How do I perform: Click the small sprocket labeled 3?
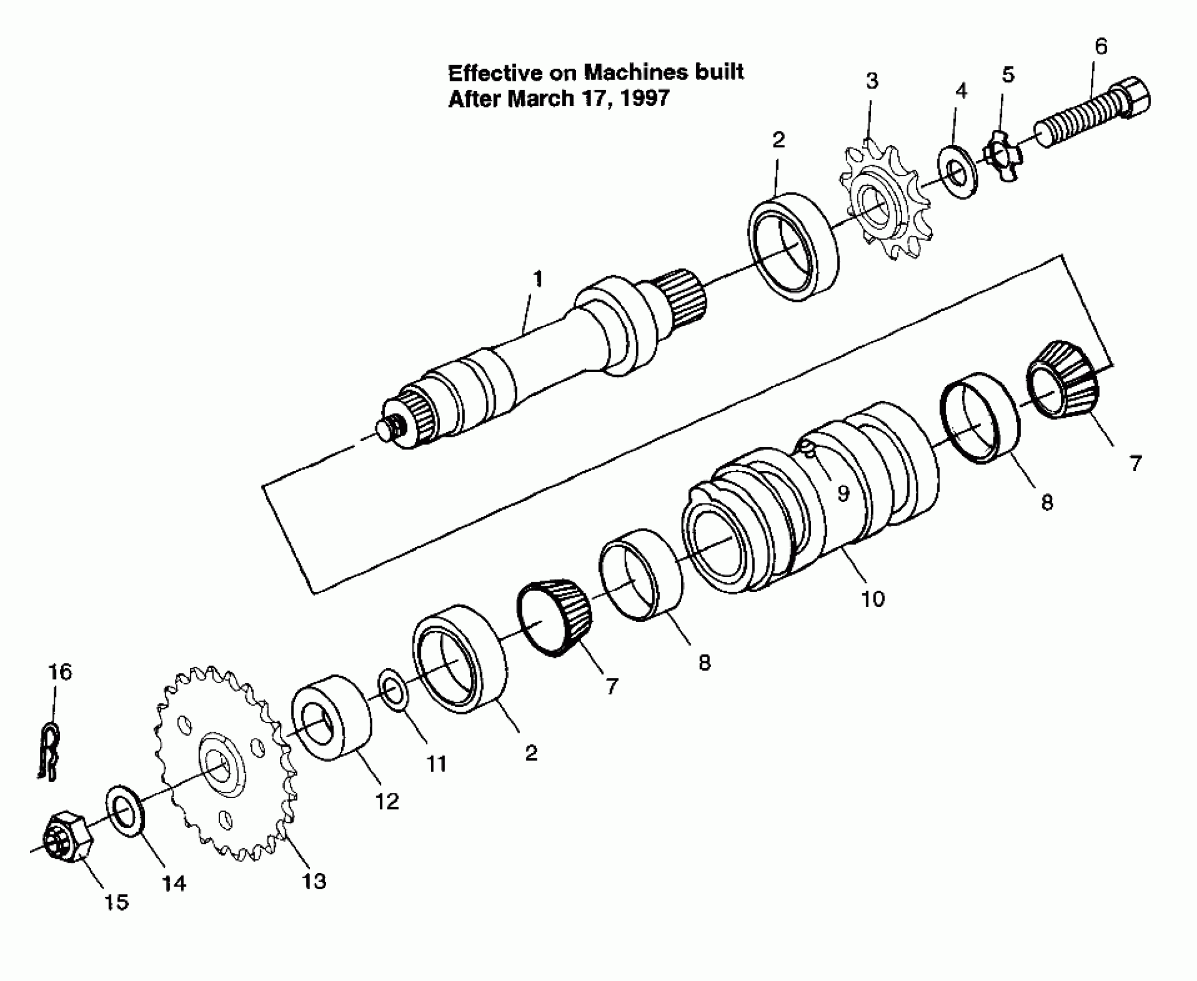[883, 202]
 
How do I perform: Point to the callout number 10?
[873, 599]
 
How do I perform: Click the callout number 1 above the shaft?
[538, 279]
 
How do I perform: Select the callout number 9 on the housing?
[843, 493]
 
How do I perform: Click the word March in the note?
[541, 99]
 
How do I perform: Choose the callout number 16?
[60, 672]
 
